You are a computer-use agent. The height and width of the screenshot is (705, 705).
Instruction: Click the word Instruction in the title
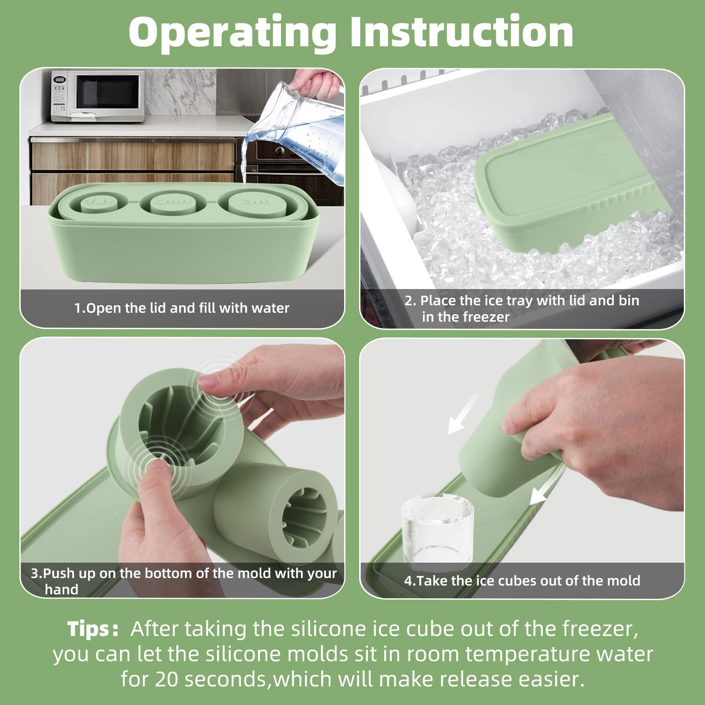click(x=461, y=32)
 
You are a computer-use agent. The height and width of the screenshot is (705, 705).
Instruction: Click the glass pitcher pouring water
click(x=304, y=132)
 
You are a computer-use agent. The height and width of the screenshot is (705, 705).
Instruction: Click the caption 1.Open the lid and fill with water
click(x=182, y=308)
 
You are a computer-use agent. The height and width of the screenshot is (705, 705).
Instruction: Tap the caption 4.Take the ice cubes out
click(x=522, y=581)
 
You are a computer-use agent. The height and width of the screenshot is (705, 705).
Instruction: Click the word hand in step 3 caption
click(x=61, y=590)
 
